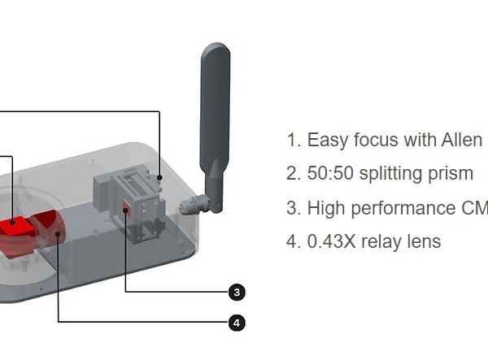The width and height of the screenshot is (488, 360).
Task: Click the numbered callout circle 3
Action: point(237,293)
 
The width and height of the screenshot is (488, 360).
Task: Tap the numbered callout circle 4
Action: point(237,323)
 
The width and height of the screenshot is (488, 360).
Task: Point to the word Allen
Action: point(462,140)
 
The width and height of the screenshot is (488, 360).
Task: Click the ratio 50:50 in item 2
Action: point(330,173)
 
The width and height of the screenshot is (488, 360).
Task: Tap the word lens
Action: point(425,241)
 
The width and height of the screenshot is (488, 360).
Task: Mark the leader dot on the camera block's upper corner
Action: point(159,177)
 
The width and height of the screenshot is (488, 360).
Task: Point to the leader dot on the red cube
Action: point(12,223)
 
